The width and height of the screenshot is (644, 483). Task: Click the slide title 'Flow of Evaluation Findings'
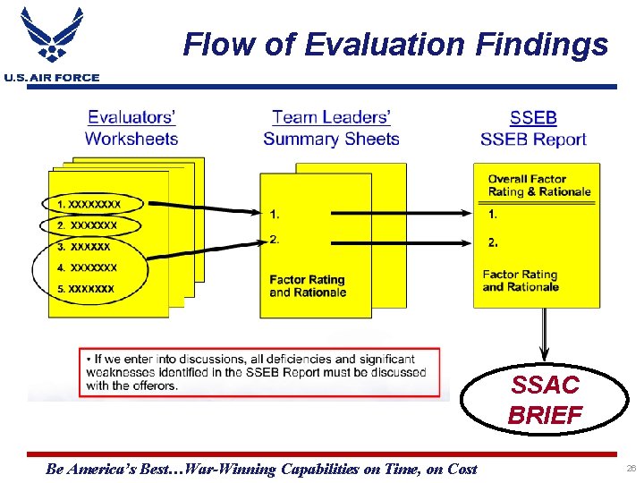tap(395, 44)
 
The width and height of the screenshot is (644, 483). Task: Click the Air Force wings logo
tap(52, 37)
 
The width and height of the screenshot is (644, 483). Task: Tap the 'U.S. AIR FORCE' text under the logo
tap(52, 78)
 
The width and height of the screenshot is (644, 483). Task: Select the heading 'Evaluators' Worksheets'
tap(131, 128)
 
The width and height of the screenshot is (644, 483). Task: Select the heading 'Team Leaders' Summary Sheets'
tap(331, 128)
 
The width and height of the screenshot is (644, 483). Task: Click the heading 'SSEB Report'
tap(533, 128)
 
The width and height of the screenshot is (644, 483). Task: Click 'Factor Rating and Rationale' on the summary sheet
tap(307, 286)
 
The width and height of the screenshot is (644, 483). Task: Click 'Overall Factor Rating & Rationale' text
tap(539, 185)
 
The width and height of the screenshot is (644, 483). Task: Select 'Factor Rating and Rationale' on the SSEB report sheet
tap(521, 281)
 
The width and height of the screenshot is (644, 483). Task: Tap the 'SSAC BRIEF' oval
tap(545, 400)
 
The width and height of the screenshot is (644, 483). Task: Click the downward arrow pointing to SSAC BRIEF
tap(541, 335)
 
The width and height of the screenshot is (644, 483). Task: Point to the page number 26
tap(631, 469)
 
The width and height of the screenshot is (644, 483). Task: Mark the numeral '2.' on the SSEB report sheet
tap(493, 241)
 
